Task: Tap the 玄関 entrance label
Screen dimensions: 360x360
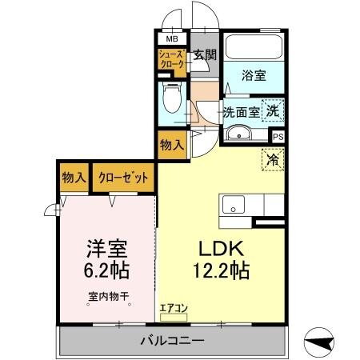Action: pyautogui.click(x=205, y=55)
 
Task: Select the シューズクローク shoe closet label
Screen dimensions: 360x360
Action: pyautogui.click(x=172, y=61)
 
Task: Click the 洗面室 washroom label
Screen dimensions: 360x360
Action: pyautogui.click(x=242, y=113)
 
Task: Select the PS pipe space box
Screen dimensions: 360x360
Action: pyautogui.click(x=278, y=136)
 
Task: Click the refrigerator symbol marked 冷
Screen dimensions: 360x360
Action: pyautogui.click(x=273, y=158)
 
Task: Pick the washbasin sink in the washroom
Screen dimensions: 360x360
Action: pyautogui.click(x=239, y=134)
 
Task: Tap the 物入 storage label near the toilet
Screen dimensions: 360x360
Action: pyautogui.click(x=171, y=145)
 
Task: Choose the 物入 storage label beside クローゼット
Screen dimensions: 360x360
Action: pyautogui.click(x=74, y=178)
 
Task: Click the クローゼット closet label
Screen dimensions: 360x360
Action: pyautogui.click(x=123, y=178)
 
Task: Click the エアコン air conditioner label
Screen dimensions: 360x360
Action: pyautogui.click(x=173, y=305)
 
